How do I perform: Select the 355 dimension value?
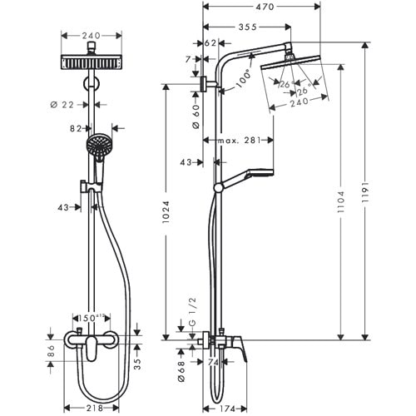click(247, 27)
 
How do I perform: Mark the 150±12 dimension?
click(87, 318)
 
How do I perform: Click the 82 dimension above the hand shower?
click(76, 129)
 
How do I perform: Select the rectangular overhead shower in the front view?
click(91, 62)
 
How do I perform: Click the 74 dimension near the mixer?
click(213, 363)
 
